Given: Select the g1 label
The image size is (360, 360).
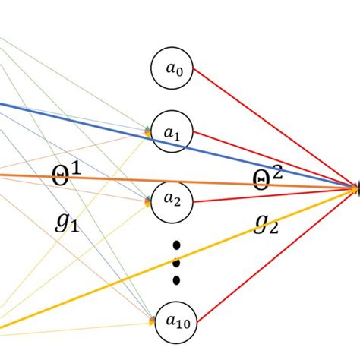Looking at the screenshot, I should click(x=68, y=221).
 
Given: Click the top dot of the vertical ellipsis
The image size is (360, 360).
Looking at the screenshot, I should click(x=176, y=245).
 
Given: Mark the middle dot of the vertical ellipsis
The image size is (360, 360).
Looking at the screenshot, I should click(x=176, y=263).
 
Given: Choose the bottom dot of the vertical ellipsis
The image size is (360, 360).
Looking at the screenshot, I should click(x=176, y=280).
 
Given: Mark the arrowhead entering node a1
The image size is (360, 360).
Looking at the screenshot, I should click(x=150, y=132).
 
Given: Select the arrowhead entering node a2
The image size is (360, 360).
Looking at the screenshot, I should click(x=150, y=203).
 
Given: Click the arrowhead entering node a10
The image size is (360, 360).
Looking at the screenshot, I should click(x=151, y=321).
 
